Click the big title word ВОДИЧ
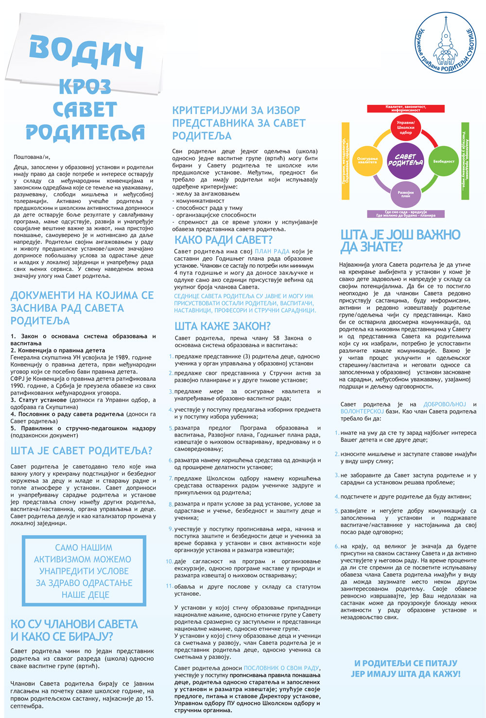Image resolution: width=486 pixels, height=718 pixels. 86,50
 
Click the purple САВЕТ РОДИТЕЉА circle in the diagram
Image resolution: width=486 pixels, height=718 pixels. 405,160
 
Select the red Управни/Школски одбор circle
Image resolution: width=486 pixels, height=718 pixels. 405,128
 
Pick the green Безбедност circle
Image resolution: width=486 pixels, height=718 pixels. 443,161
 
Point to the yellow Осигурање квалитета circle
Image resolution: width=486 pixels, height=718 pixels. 367,161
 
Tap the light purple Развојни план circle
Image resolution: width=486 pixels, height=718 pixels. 405,193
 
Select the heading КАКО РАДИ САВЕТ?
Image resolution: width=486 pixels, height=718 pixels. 224,240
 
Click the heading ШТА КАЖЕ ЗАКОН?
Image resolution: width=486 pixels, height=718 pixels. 223,326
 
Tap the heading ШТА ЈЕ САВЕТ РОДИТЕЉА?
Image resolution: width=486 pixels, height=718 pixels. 81,451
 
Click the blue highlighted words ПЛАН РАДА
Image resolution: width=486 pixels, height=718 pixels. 272,251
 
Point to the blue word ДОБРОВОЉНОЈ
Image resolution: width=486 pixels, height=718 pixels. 444,404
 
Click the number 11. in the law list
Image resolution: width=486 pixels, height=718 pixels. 169,586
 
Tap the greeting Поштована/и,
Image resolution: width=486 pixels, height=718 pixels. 32,157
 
